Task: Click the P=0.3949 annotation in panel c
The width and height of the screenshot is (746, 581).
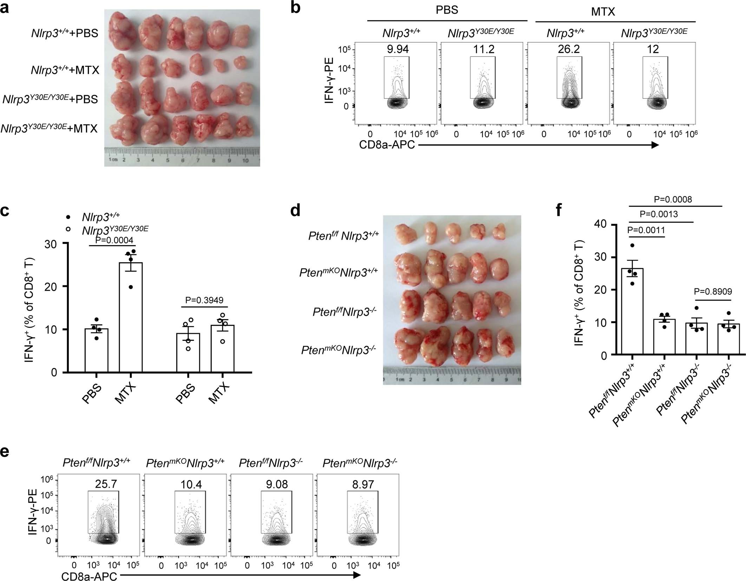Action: click(204, 300)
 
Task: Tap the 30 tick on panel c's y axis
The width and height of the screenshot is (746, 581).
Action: click(51, 243)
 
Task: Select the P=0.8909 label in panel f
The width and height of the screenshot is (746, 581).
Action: click(713, 291)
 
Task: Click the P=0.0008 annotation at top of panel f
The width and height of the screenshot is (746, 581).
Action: click(673, 200)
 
